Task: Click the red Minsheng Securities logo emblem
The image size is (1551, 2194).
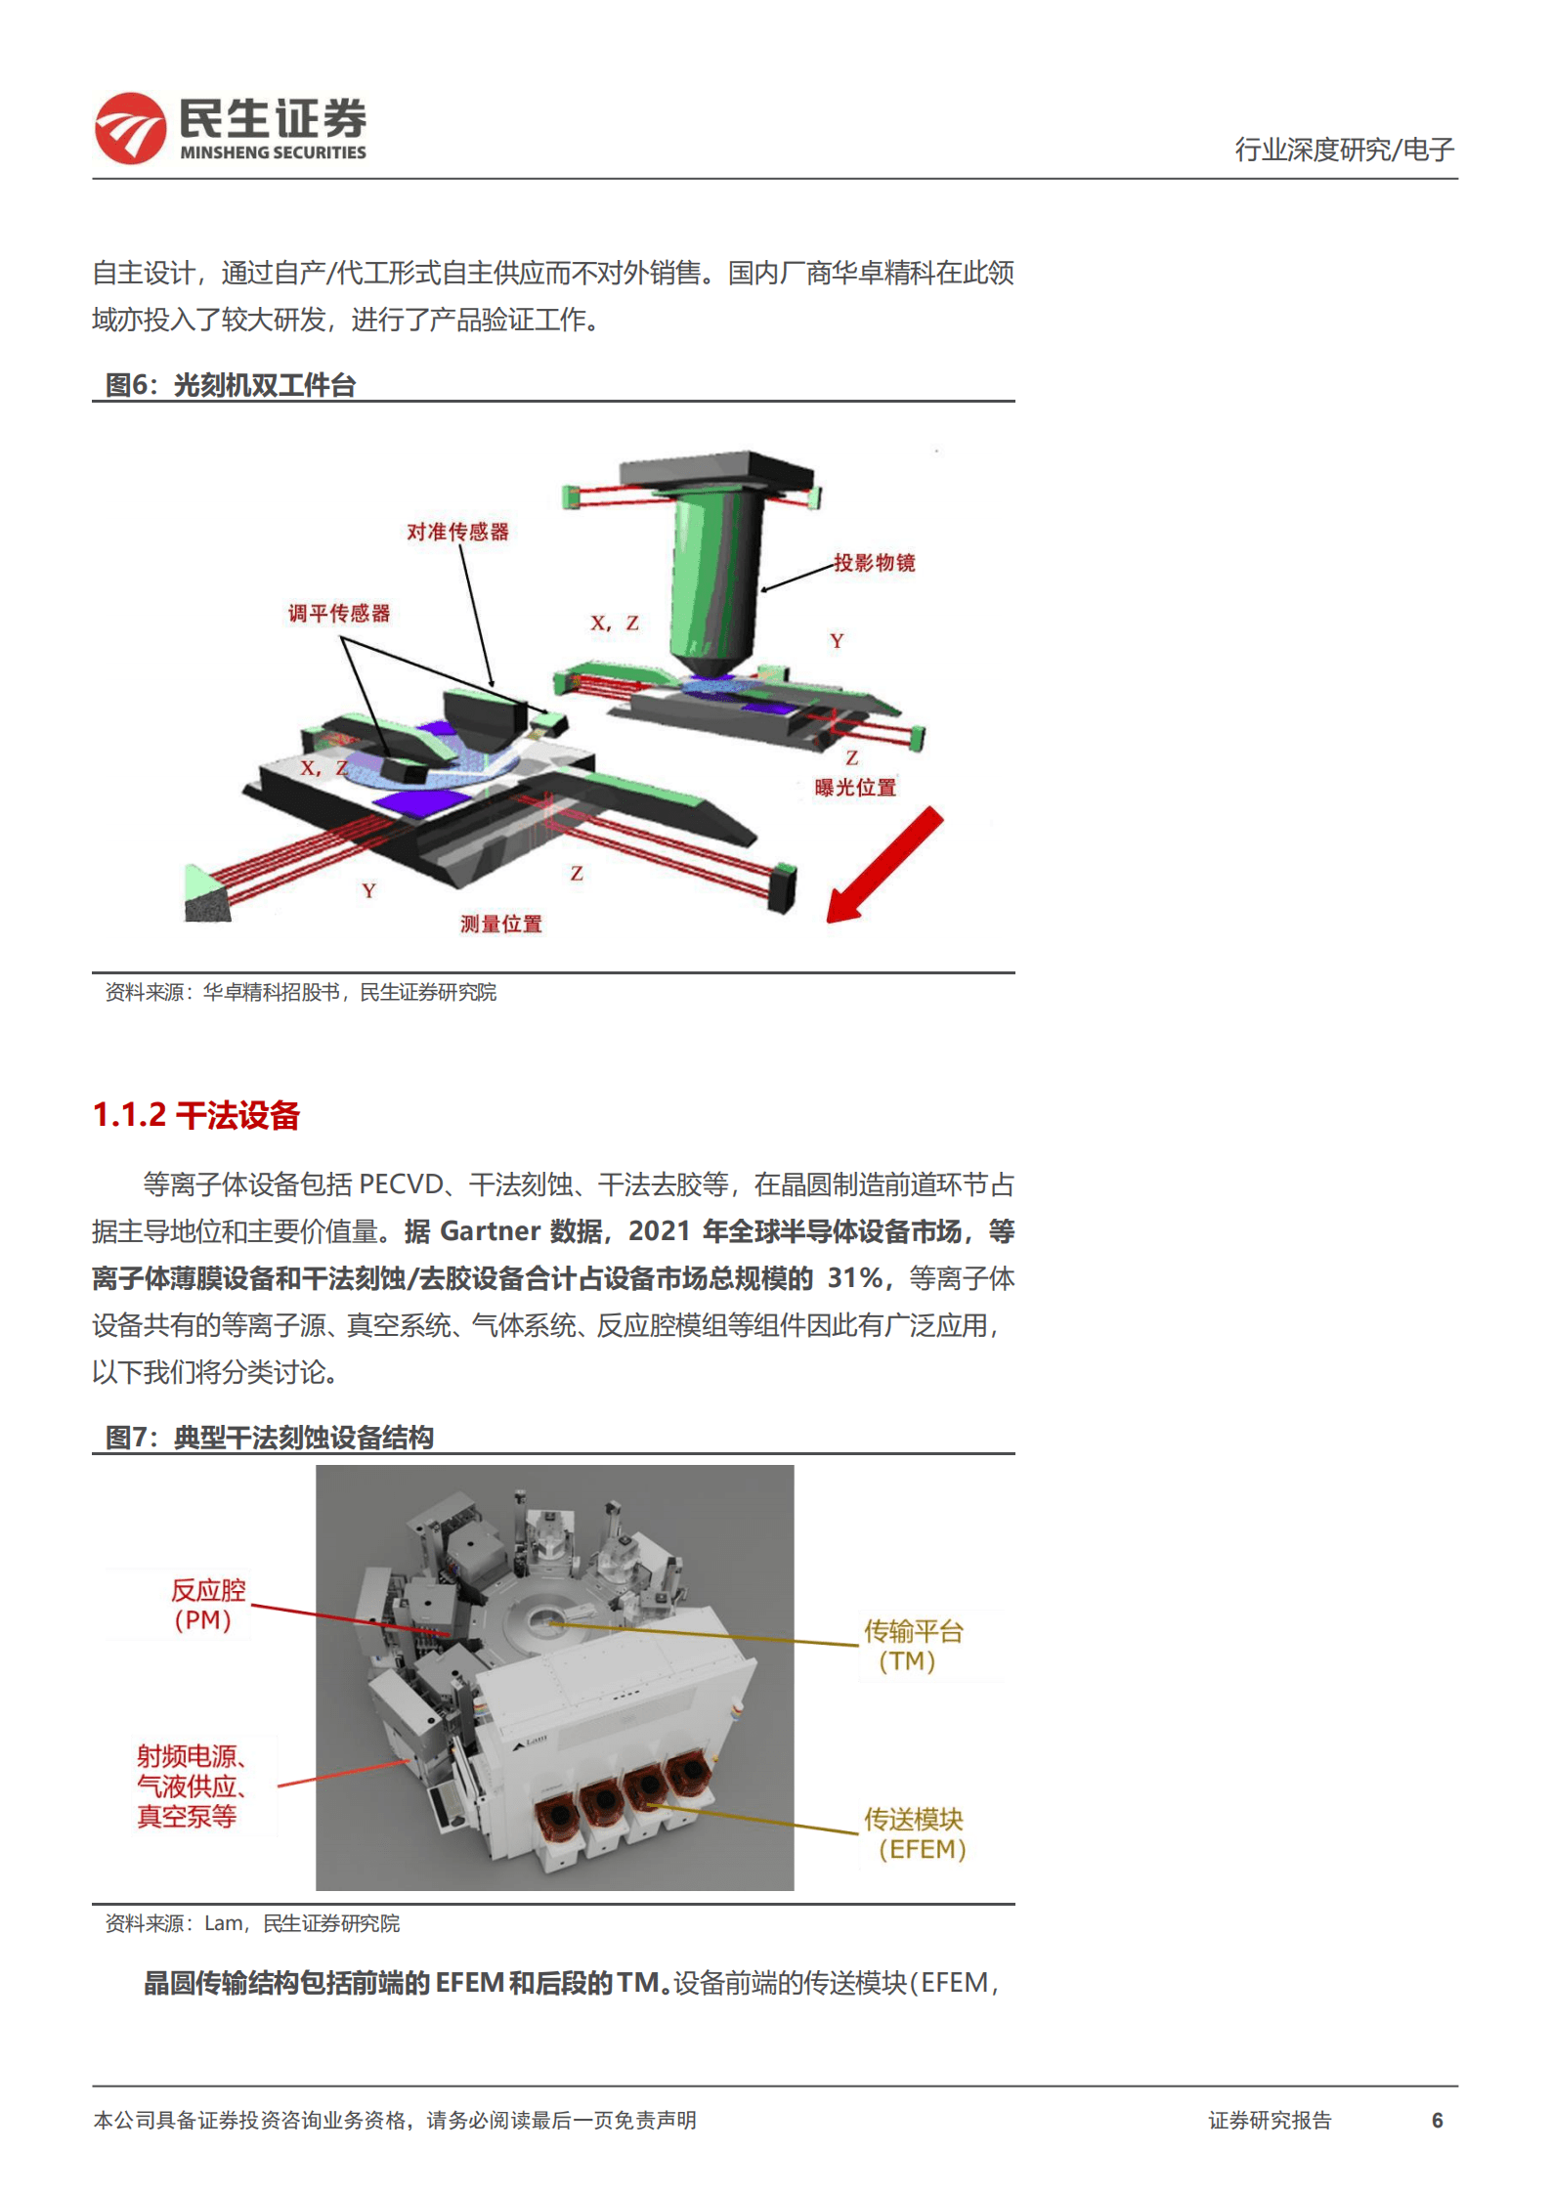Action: click(130, 128)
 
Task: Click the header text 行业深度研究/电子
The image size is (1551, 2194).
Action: click(1344, 150)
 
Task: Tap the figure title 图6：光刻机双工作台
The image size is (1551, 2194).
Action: click(231, 385)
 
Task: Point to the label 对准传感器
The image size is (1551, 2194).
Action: click(457, 532)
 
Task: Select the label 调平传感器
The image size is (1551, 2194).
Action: click(338, 613)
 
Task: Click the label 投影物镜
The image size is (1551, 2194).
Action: click(874, 562)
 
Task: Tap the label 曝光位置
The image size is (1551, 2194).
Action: click(855, 787)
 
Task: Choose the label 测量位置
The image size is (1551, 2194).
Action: click(500, 924)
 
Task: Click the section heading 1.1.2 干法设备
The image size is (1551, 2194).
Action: click(195, 1115)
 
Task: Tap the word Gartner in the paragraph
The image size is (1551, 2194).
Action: click(490, 1230)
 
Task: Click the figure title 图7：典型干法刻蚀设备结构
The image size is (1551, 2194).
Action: click(269, 1438)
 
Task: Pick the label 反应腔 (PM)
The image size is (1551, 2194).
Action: click(206, 1605)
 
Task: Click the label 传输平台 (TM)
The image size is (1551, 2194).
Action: click(912, 1646)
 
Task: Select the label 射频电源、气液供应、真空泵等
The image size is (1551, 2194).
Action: click(190, 1786)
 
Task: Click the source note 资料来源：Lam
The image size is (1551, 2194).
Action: click(252, 1923)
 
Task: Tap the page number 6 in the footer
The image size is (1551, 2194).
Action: click(1437, 2120)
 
